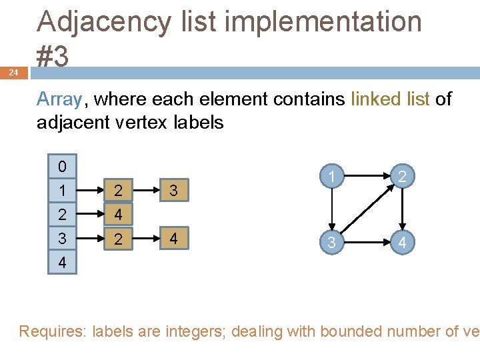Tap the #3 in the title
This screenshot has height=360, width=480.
(53, 57)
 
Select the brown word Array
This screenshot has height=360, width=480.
(59, 99)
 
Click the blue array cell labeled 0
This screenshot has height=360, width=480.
(62, 166)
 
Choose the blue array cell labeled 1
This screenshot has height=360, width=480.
(62, 191)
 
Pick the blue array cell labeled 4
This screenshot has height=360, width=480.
(62, 263)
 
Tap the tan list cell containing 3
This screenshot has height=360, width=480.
(173, 191)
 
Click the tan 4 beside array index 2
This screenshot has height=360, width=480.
(118, 215)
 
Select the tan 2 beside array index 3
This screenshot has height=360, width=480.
(118, 239)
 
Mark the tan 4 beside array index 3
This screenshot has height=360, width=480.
(173, 239)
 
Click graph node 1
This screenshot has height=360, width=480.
(331, 177)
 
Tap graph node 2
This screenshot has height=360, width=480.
(401, 177)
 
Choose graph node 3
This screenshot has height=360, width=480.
(331, 243)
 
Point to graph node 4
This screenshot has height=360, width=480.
(401, 243)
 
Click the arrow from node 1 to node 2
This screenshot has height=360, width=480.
(366, 177)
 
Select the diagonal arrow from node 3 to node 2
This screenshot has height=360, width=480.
(366, 210)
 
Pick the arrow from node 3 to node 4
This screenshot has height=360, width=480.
(366, 243)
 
